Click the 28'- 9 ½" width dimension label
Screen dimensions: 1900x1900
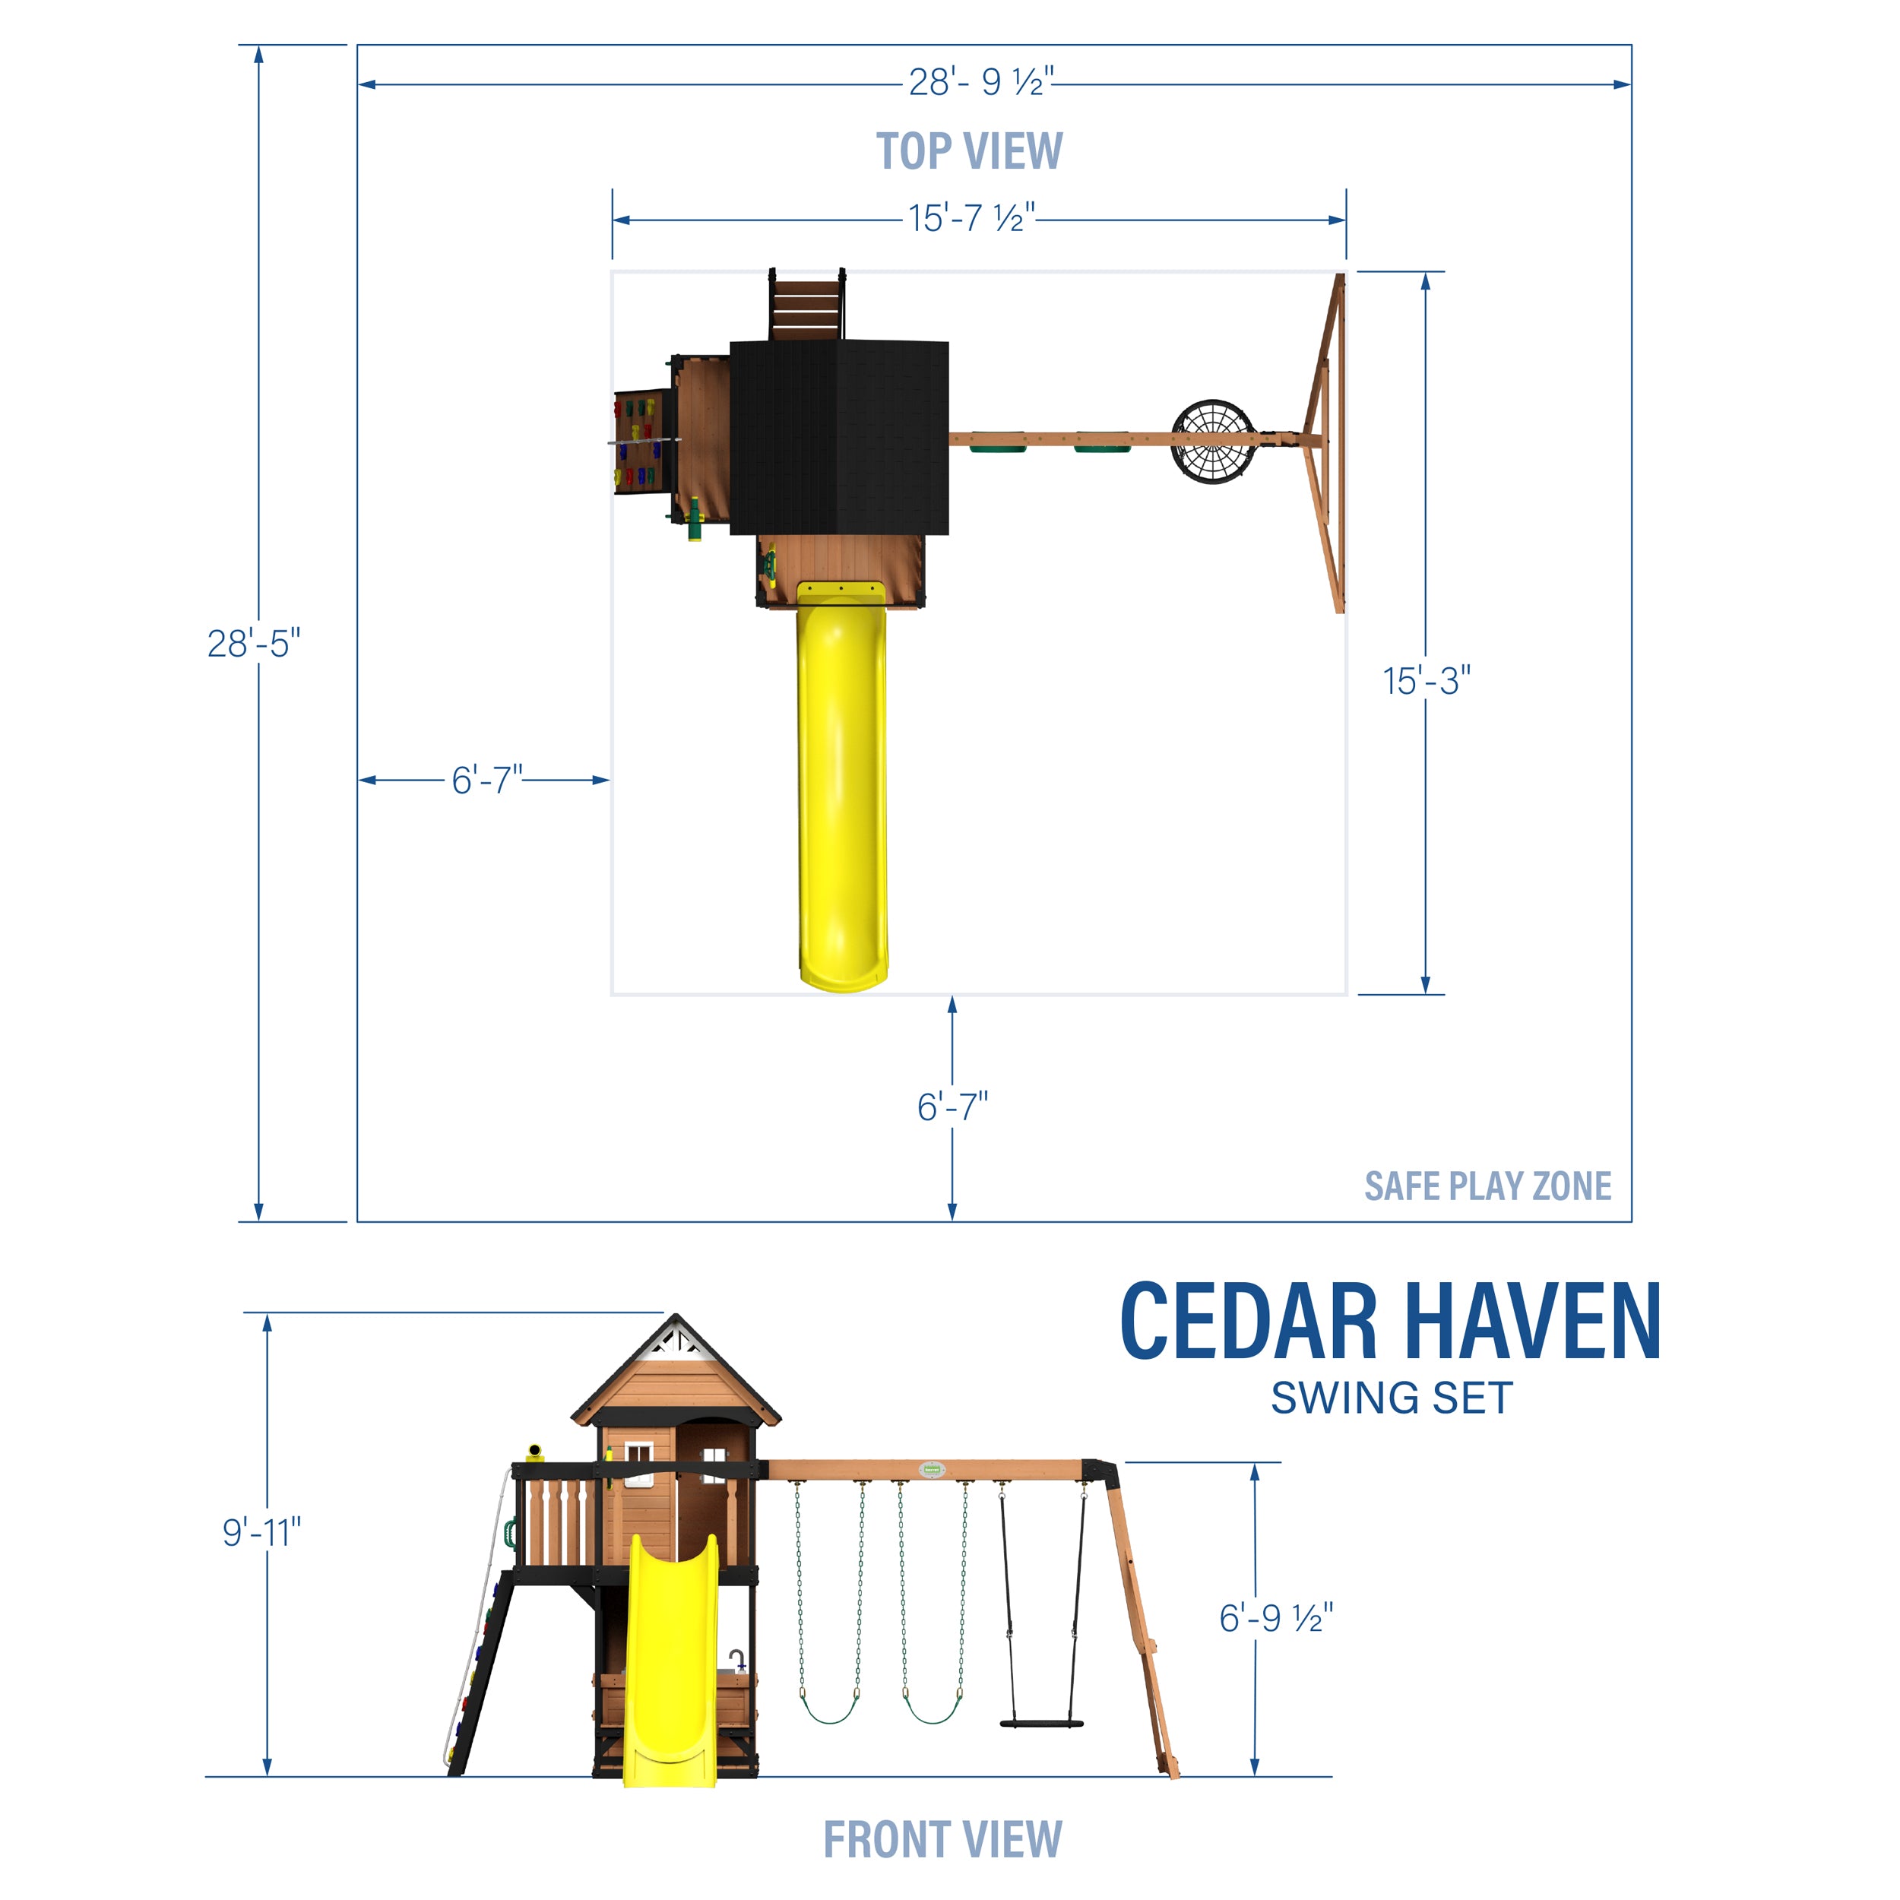[x=980, y=81]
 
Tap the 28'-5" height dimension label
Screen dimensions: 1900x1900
[x=254, y=644]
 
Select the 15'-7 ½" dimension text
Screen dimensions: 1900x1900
[x=971, y=218]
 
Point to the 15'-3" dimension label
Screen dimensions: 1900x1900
[x=1426, y=680]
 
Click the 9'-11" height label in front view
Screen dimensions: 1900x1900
[x=261, y=1531]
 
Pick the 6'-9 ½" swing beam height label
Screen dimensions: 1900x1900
[x=1275, y=1618]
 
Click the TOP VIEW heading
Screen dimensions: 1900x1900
[x=969, y=151]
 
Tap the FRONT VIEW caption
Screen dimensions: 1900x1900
[x=942, y=1839]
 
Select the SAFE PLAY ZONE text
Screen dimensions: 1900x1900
[x=1487, y=1186]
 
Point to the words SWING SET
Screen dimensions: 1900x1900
[x=1391, y=1398]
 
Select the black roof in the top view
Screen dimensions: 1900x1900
[x=839, y=438]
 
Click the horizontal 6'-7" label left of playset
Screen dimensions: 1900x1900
[x=486, y=780]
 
